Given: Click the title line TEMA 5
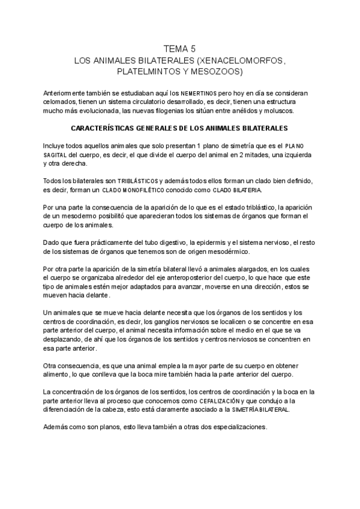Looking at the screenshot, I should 179,49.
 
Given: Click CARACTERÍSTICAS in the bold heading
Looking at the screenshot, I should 107,128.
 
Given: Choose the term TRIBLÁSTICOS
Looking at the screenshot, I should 137,181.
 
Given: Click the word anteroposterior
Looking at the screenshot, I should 184,278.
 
